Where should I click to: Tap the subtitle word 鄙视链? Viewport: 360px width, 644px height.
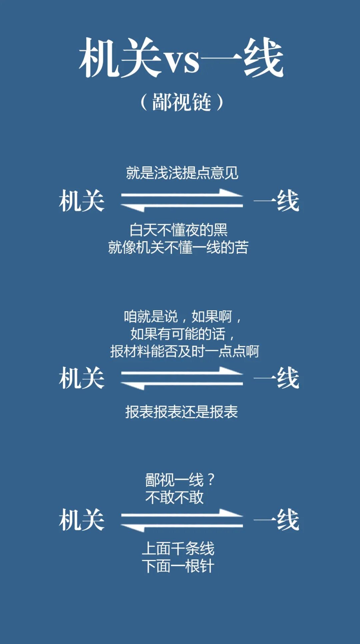[x=182, y=102]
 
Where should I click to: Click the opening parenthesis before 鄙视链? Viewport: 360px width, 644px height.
[x=144, y=102]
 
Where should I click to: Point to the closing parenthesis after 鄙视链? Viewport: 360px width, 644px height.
[x=220, y=102]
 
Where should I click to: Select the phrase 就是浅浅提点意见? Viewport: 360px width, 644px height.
[x=182, y=173]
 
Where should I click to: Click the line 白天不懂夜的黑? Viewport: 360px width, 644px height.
[x=178, y=230]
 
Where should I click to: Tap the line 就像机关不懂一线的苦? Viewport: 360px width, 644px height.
[x=178, y=248]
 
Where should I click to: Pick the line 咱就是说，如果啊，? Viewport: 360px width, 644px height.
[x=183, y=317]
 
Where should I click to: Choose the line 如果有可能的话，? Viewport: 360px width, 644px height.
[x=183, y=334]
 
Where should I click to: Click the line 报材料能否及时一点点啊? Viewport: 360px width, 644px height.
[x=184, y=351]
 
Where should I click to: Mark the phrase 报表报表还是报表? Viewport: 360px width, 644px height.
[x=182, y=412]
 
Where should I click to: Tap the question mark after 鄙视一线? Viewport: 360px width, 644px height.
[x=211, y=480]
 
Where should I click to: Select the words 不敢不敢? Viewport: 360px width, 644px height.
[x=174, y=497]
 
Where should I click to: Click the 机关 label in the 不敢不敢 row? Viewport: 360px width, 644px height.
[x=82, y=520]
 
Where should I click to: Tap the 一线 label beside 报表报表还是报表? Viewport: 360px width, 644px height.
[x=276, y=378]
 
